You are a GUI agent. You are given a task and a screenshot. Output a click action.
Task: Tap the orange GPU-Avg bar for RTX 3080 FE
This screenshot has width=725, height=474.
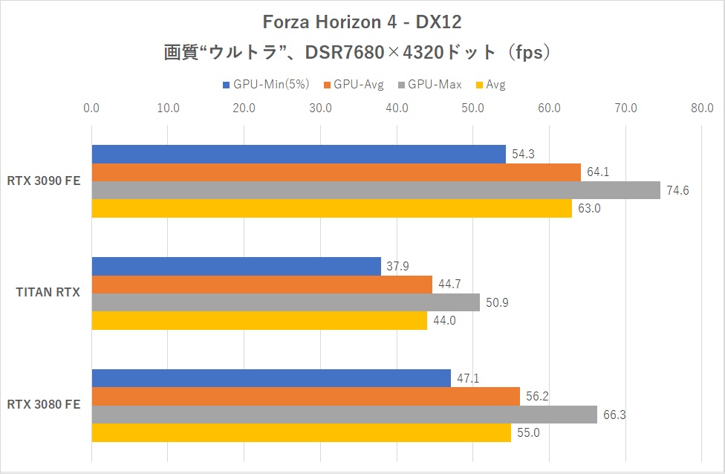[305, 397]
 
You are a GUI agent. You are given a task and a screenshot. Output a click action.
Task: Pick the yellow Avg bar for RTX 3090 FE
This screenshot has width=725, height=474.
[331, 208]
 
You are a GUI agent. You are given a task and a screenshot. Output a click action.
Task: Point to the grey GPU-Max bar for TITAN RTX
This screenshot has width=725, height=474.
[285, 302]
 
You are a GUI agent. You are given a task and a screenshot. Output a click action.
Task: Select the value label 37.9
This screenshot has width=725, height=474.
[398, 266]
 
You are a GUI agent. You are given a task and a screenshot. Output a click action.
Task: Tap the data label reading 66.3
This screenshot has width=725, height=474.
[614, 415]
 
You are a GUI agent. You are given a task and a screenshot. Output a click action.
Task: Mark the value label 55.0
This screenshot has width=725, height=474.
[528, 432]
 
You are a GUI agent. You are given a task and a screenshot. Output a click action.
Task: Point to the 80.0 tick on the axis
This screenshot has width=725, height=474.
[702, 108]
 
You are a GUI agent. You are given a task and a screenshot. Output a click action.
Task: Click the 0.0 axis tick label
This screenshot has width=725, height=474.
[92, 108]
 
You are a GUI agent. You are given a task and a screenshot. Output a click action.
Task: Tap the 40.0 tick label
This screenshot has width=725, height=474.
[397, 108]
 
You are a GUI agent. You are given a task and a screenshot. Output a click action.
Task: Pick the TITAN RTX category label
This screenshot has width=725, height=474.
[48, 293]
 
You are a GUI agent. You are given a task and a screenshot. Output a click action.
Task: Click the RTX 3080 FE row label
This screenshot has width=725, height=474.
[44, 405]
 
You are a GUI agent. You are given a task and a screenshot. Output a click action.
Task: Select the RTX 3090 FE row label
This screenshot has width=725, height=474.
[44, 181]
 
